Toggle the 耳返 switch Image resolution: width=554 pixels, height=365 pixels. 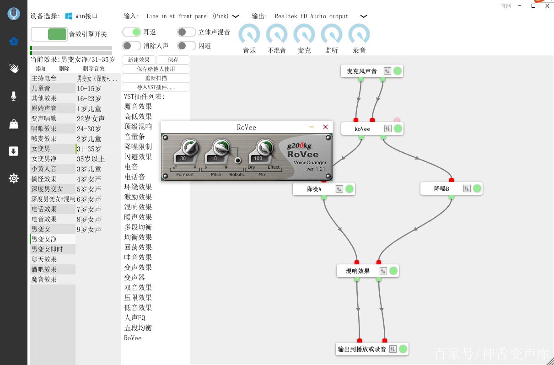pos(132,32)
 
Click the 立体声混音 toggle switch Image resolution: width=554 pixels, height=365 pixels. pos(187,32)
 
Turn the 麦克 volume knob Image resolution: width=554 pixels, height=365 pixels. pos(304,34)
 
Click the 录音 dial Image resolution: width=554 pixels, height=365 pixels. pos(359,34)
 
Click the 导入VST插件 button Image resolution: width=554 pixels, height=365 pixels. pos(156,87)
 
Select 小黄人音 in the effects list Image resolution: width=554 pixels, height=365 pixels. pos(44,169)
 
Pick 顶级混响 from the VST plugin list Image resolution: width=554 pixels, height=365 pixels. pos(138,127)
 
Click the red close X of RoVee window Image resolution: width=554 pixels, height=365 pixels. pos(325,127)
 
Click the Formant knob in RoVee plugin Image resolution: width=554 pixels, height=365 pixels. pos(190,147)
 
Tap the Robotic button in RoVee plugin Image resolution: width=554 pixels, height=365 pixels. pos(238,161)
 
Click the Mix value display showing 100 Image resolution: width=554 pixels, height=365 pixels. pos(258,158)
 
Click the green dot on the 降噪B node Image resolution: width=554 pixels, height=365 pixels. pos(477,188)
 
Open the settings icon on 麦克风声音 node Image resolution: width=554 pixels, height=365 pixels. pos(387,71)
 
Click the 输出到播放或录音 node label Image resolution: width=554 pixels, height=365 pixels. pos(362,349)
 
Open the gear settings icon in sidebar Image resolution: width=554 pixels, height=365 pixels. pos(14,178)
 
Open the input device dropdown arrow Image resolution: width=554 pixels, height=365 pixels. pos(236,16)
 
